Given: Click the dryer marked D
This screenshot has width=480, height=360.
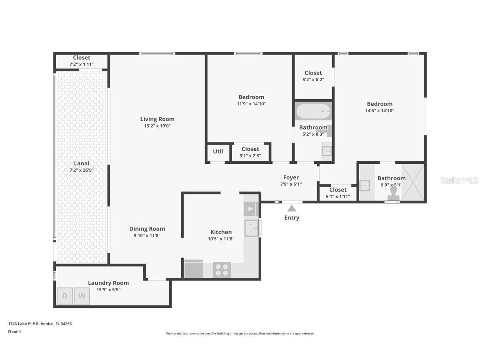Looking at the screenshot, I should [65, 296].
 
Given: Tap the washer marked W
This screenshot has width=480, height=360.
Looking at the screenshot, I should [82, 296].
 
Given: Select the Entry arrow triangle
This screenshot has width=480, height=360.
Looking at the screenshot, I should [292, 208].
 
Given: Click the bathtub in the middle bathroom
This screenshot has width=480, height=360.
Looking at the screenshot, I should [313, 111].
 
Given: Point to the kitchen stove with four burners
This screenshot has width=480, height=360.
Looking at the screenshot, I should [222, 270].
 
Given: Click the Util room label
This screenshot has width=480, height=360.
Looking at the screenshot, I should [218, 152].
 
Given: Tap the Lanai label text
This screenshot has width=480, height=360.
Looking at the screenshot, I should [82, 163].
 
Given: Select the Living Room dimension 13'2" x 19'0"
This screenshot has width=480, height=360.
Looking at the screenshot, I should [157, 125].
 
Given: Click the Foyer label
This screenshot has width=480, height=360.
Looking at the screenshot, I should [291, 177].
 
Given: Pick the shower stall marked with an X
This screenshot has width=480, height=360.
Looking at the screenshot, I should [412, 182].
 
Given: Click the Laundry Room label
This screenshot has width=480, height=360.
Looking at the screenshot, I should [108, 283].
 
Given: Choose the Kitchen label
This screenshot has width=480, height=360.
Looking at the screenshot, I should [221, 232].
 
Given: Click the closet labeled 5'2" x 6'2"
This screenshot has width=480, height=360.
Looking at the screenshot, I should [313, 79].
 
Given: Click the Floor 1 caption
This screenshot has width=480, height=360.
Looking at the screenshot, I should [15, 332].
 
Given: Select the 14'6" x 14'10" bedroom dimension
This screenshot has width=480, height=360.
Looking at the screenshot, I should [380, 110].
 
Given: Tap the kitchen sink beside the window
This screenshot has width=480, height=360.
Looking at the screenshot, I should [251, 228].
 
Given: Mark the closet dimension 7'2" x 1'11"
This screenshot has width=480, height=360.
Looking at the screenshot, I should [82, 64].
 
